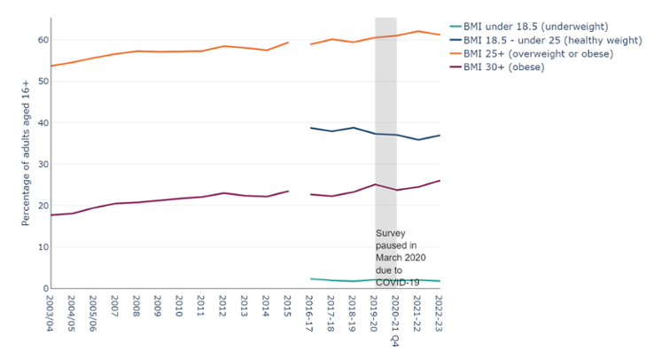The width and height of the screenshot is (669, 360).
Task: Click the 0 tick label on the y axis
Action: (x=43, y=288)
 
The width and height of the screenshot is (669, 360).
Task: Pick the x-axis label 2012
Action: (x=223, y=308)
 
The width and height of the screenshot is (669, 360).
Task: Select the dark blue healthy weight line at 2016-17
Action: (x=310, y=128)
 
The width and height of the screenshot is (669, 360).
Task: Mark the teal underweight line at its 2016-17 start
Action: (x=310, y=278)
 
